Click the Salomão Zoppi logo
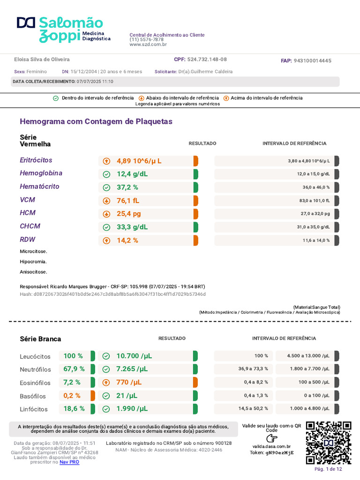(x=64, y=30)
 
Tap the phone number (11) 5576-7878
(x=146, y=39)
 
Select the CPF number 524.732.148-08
(x=207, y=60)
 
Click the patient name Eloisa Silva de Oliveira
(x=42, y=60)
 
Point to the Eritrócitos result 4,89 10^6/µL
(x=139, y=161)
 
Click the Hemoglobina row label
(x=41, y=173)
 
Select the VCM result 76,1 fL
(x=127, y=201)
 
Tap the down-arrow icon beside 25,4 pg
(x=106, y=214)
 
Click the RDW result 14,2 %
(x=127, y=240)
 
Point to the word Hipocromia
(x=33, y=262)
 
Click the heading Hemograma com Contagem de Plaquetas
(x=96, y=121)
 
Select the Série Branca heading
(x=40, y=339)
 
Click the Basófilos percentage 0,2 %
(x=72, y=396)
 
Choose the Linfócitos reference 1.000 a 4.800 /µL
(x=310, y=408)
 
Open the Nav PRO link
(x=69, y=462)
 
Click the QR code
(x=329, y=443)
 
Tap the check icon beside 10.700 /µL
(x=106, y=356)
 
